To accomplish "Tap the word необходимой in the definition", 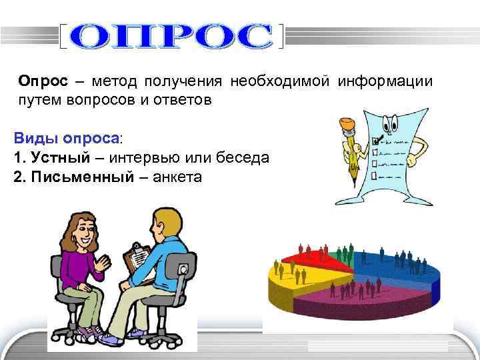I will [280, 81].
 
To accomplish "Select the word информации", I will [385, 81].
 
